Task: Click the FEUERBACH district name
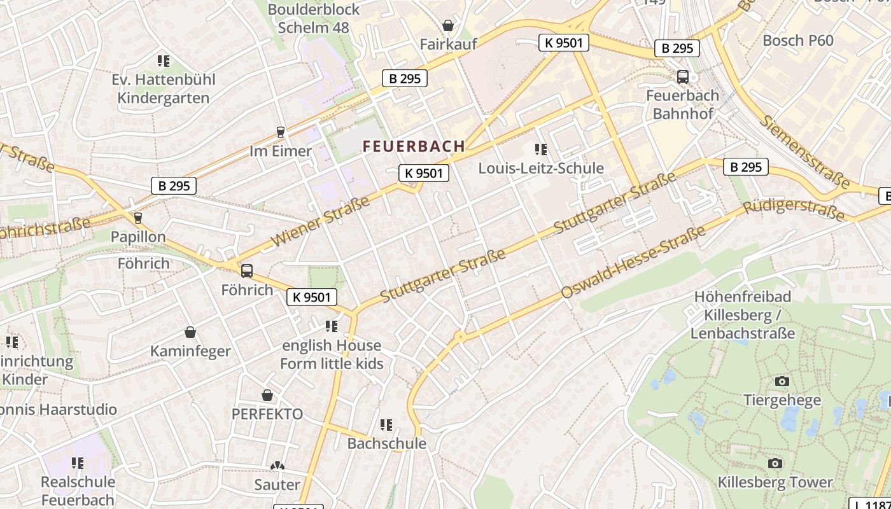coord(414,146)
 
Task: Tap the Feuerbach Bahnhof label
coord(682,105)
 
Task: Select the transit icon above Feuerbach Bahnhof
coord(683,77)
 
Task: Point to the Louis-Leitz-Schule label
coord(541,169)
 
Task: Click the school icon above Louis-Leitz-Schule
coord(541,150)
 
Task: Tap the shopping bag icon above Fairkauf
coord(448,25)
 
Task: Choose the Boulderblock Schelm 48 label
coord(314,18)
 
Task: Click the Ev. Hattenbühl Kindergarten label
coord(164,89)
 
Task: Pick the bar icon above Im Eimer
coord(281,132)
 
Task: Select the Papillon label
coord(138,237)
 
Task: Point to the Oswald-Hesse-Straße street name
coord(633,261)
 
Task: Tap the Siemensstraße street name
coord(804,151)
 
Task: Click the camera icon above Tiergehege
coord(782,381)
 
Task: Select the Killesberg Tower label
coord(775,482)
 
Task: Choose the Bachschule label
coord(386,443)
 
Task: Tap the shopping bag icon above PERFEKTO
coord(267,395)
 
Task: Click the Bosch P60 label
coord(798,41)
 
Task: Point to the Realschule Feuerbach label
coord(78,491)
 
